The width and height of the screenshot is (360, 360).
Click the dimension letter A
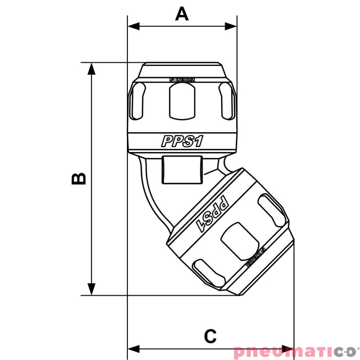tap(182, 13)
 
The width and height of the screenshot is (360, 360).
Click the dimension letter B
tap(79, 178)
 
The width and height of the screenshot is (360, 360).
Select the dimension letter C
tap(210, 336)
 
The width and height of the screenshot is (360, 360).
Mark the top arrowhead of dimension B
tap(92, 68)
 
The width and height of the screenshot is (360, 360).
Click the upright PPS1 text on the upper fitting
tap(182, 141)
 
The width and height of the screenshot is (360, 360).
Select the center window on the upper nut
tap(182, 101)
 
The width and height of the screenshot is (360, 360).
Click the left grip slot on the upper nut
tap(138, 101)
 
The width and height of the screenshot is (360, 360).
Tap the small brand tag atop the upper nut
tap(182, 80)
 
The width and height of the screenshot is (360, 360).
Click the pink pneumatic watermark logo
tap(295, 351)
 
